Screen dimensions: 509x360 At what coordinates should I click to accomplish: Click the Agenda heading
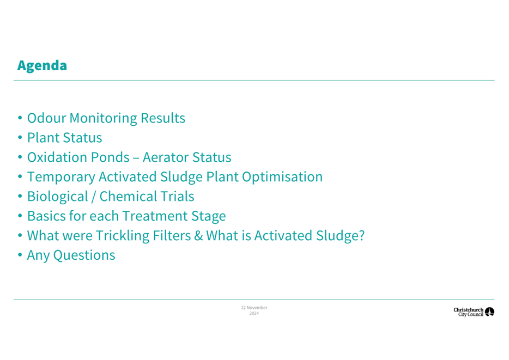click(x=42, y=66)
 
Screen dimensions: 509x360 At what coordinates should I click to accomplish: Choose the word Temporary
click(x=61, y=178)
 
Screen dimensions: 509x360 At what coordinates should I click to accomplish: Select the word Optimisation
click(x=282, y=178)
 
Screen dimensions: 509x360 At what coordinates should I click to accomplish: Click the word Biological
click(x=57, y=197)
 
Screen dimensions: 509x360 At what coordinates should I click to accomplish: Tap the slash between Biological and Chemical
click(x=94, y=197)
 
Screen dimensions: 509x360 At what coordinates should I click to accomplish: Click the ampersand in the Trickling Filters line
click(x=198, y=236)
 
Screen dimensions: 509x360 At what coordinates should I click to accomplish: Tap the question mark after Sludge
click(x=361, y=236)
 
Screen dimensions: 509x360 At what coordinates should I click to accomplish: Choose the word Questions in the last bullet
click(x=84, y=255)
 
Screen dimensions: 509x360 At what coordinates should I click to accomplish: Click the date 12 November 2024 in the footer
click(x=254, y=310)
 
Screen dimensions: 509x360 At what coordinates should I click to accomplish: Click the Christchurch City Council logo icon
click(x=489, y=312)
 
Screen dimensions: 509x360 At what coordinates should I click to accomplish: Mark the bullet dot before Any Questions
click(x=20, y=255)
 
